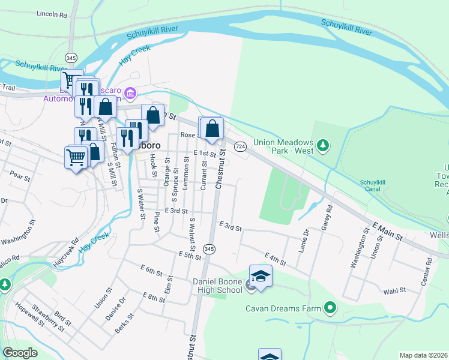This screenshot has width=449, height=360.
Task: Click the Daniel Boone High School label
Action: pyautogui.click(x=217, y=286)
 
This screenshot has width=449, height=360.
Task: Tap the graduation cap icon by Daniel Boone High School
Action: pyautogui.click(x=261, y=276)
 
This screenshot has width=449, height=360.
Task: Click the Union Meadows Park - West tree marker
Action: pyautogui.click(x=323, y=145)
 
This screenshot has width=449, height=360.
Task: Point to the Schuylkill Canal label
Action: pyautogui.click(x=376, y=185)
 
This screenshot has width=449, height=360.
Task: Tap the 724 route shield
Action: pyautogui.click(x=240, y=146)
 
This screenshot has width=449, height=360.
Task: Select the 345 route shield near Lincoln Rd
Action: pyautogui.click(x=71, y=58)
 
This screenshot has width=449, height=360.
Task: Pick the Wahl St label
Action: pyautogui.click(x=394, y=292)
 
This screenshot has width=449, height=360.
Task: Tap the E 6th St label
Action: pyautogui.click(x=152, y=269)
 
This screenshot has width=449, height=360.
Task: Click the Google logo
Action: pyautogui.click(x=20, y=353)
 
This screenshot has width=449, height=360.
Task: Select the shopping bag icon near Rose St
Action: pyautogui.click(x=212, y=128)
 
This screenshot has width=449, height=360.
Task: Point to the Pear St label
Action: pyautogui.click(x=20, y=177)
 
